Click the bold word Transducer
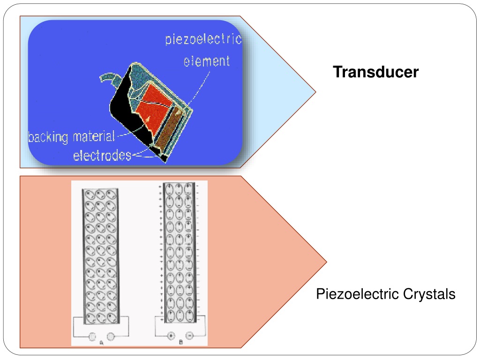click(375, 72)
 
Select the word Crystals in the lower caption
click(429, 294)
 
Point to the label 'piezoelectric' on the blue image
click(203, 39)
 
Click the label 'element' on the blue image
click(207, 61)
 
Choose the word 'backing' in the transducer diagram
click(48, 137)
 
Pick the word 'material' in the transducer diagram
click(94, 136)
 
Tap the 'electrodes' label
click(102, 156)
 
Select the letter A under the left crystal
click(102, 343)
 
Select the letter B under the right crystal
click(180, 342)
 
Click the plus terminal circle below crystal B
click(171, 336)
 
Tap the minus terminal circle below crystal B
click(189, 336)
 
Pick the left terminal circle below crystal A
click(92, 337)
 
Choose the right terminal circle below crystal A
click(111, 337)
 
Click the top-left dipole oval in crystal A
click(89, 195)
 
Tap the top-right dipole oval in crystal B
click(188, 189)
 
